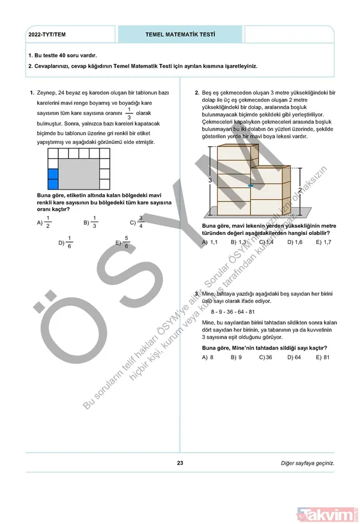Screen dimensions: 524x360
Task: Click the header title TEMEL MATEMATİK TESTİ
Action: (181, 35)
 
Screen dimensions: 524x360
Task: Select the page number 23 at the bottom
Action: (180, 462)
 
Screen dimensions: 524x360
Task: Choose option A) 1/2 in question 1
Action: (44, 222)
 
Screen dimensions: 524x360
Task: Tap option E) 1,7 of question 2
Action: (323, 242)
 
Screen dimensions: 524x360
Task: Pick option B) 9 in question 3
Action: (235, 357)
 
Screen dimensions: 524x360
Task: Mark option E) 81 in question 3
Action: (323, 357)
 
